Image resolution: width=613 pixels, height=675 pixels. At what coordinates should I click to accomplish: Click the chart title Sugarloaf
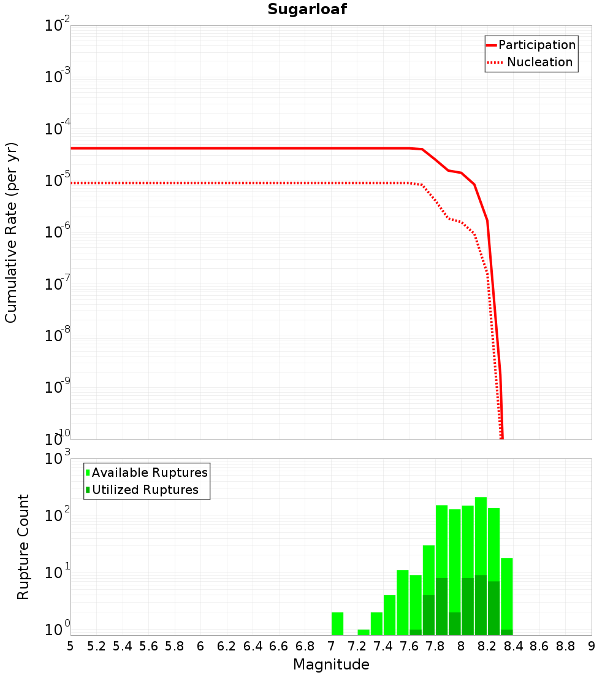(x=307, y=10)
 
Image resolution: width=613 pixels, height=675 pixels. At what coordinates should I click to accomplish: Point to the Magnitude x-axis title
(x=331, y=665)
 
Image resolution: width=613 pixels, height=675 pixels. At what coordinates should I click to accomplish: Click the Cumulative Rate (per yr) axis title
(x=11, y=232)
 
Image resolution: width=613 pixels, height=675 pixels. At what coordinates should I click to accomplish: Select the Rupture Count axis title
(x=23, y=546)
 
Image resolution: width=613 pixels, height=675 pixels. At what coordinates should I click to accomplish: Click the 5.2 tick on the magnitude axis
(x=96, y=646)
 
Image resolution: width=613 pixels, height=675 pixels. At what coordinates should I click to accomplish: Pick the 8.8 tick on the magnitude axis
(x=565, y=646)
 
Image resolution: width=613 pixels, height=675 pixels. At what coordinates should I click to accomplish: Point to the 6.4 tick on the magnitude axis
(x=253, y=646)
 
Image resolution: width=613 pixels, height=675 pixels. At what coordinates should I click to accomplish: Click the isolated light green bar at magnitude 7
(x=337, y=623)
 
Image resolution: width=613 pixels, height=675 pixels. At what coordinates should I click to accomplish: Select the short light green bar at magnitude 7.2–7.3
(x=364, y=632)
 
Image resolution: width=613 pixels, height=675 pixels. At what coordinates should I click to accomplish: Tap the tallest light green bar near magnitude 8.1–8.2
(x=481, y=534)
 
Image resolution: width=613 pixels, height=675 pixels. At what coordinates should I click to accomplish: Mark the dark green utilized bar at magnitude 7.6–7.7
(x=416, y=632)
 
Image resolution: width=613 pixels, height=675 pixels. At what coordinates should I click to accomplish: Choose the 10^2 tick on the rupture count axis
(x=58, y=515)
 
